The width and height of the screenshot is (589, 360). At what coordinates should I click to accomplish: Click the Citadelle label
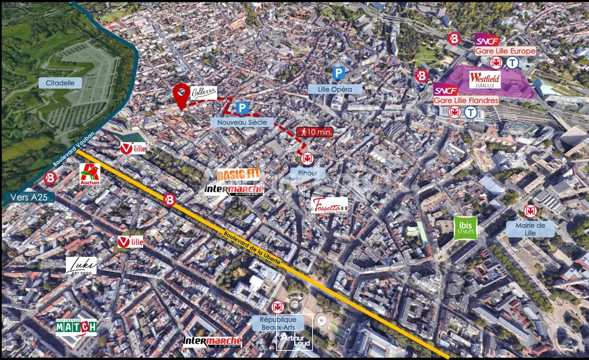coord(60,83)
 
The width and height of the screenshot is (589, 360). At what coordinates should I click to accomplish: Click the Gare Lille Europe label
coord(505,51)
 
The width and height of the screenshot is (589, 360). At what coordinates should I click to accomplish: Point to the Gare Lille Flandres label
coord(466,100)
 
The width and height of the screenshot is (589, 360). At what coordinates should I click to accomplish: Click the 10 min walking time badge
coord(315,132)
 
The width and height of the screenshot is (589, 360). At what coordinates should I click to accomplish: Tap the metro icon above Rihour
coord(307,159)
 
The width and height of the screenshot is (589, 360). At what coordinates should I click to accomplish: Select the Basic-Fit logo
coord(238,174)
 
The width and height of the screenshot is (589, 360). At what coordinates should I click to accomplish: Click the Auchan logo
coord(90,174)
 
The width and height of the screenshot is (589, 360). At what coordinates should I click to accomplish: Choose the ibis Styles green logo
coord(465,228)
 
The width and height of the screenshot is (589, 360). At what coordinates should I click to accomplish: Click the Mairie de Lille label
coord(530,229)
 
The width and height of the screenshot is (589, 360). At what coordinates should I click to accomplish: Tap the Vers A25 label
coord(29,197)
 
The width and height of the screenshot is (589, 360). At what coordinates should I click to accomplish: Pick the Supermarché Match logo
coord(76,327)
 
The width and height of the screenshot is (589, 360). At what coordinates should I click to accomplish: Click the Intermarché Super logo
coord(212,342)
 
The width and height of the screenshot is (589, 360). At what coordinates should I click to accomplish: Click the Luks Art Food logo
coord(81,265)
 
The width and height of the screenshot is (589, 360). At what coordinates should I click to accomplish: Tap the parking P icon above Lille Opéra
coord(339,73)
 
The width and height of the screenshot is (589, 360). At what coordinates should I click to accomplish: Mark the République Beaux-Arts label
coord(278,323)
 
